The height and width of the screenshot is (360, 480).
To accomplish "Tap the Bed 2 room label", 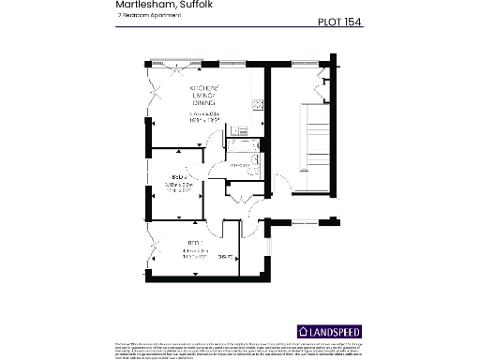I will coord(173,176).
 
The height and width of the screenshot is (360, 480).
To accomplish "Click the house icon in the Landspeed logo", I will coord(303,332).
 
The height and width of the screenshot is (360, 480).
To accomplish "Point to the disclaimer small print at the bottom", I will coord(240,350).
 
